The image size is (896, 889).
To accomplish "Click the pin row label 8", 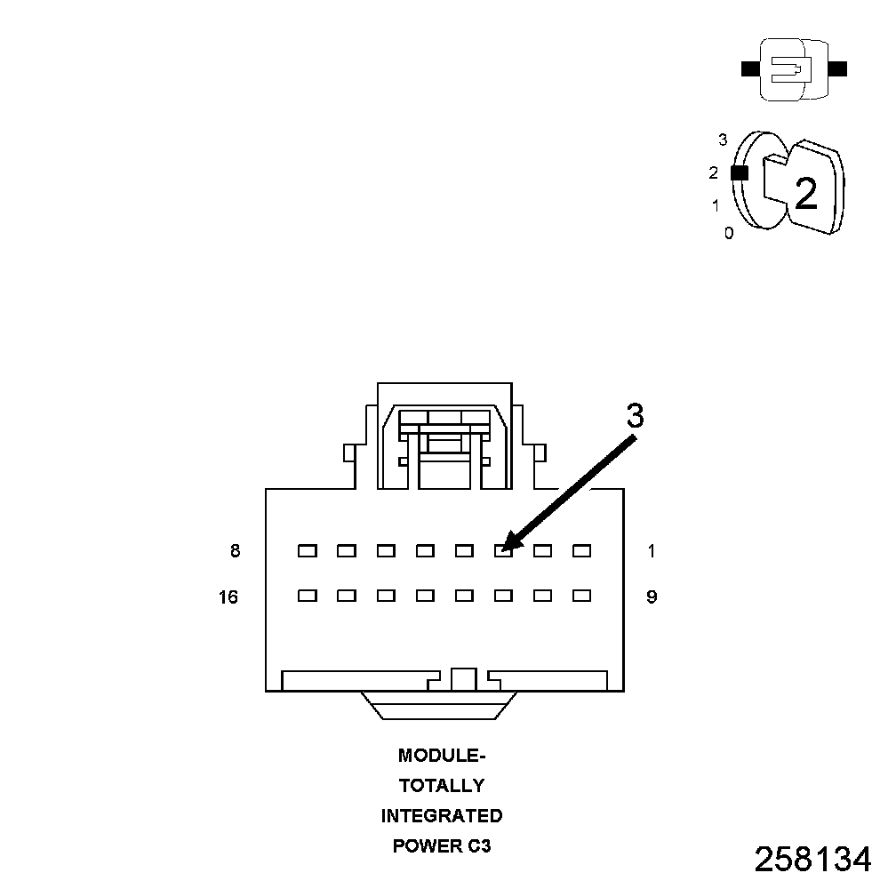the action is pos(235,551).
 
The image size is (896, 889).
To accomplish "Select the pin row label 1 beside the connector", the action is pos(652,551).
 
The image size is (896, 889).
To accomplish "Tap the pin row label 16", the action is pos(228,597).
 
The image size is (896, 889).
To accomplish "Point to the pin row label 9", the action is pos(652,597).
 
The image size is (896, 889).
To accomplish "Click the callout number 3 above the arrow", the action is pos(635,416).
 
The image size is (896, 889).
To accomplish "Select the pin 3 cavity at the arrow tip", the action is pos(503,551).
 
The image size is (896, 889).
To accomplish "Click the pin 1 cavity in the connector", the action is pos(581,551).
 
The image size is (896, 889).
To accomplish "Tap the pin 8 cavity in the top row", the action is pos(308,551).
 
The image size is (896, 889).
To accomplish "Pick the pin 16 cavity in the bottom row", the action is pos(308,596).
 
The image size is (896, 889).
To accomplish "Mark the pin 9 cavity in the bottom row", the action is pos(581,596).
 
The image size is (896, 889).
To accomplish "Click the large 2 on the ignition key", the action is pos(805,194).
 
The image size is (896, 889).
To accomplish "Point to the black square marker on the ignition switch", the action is pos(739,173).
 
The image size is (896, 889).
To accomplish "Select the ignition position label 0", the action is pos(729,234).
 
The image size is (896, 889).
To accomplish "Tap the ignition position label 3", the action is pos(723,140).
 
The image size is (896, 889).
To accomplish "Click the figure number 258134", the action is pos(812,859).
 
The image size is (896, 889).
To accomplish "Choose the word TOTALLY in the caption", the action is pos(442,786).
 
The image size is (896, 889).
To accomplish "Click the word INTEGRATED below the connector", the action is pos(442,816).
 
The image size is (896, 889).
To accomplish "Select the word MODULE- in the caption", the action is pos(442,757).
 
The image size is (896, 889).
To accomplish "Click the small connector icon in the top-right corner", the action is pos(793,68).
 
